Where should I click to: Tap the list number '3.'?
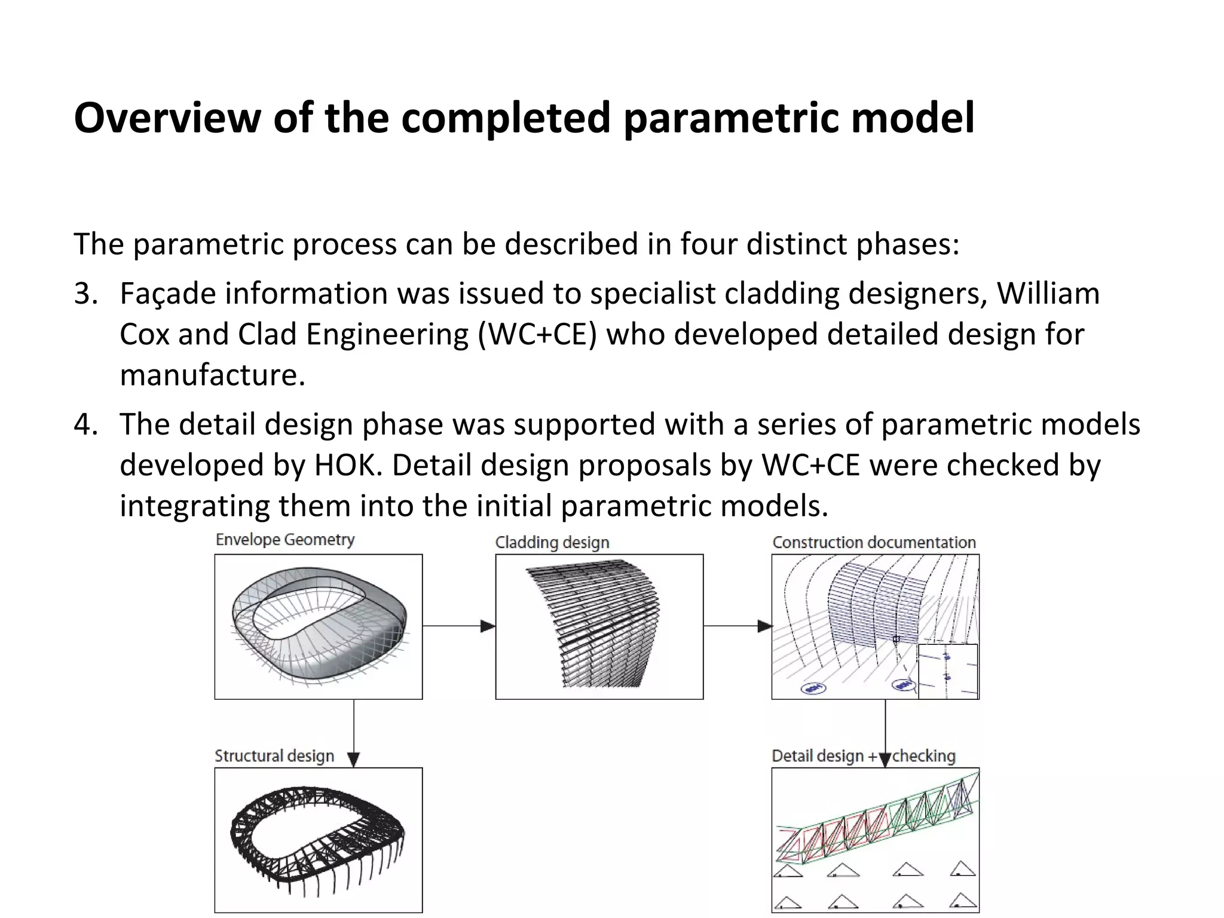[x=85, y=294]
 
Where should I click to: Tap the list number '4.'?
[x=85, y=424]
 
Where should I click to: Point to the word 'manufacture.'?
[x=212, y=375]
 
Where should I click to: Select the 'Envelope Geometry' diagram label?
[x=285, y=540]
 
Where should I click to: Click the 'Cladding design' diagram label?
[x=552, y=543]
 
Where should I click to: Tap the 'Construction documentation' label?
[x=874, y=543]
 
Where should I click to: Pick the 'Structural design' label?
[x=274, y=756]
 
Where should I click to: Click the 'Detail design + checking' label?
[x=863, y=756]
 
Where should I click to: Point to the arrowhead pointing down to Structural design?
[x=354, y=760]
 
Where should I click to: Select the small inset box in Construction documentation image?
[x=948, y=671]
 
